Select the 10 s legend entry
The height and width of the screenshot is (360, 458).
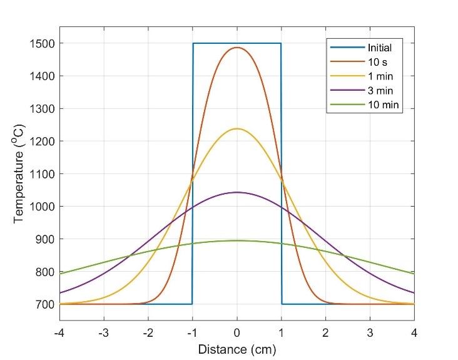[x=375, y=61]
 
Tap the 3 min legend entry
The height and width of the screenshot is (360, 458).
[x=378, y=91]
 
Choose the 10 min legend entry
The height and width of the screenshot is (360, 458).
[x=380, y=106]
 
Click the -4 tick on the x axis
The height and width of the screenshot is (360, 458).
[x=59, y=332]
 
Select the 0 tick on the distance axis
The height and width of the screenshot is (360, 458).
[x=237, y=332]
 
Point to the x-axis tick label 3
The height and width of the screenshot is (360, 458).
[x=370, y=332]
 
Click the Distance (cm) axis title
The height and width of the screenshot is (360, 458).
[x=237, y=348]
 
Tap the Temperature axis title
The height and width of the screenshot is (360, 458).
[x=19, y=173]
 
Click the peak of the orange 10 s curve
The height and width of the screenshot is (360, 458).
[x=237, y=48]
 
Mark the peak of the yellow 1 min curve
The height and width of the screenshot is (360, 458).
[x=237, y=129]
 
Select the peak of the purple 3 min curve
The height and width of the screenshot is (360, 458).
[x=237, y=192]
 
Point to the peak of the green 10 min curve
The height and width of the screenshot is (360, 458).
[x=237, y=240]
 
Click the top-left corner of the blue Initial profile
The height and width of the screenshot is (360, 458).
[x=193, y=43]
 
